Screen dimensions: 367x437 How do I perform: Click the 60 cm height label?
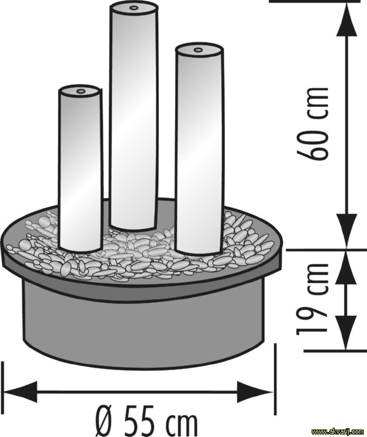click(x=313, y=124)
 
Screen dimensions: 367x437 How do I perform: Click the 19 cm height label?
click(x=313, y=299)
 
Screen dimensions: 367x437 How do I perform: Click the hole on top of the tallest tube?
click(x=134, y=8)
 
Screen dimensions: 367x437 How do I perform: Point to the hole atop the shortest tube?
click(x=80, y=91)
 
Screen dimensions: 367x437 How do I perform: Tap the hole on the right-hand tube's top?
click(x=198, y=50)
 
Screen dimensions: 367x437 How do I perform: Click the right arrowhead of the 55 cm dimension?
click(x=255, y=391)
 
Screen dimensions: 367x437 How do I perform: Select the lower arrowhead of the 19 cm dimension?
click(x=346, y=333)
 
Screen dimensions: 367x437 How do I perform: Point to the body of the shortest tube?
click(x=80, y=170)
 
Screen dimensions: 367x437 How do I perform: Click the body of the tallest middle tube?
click(x=133, y=117)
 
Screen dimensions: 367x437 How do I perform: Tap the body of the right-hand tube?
click(x=199, y=150)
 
